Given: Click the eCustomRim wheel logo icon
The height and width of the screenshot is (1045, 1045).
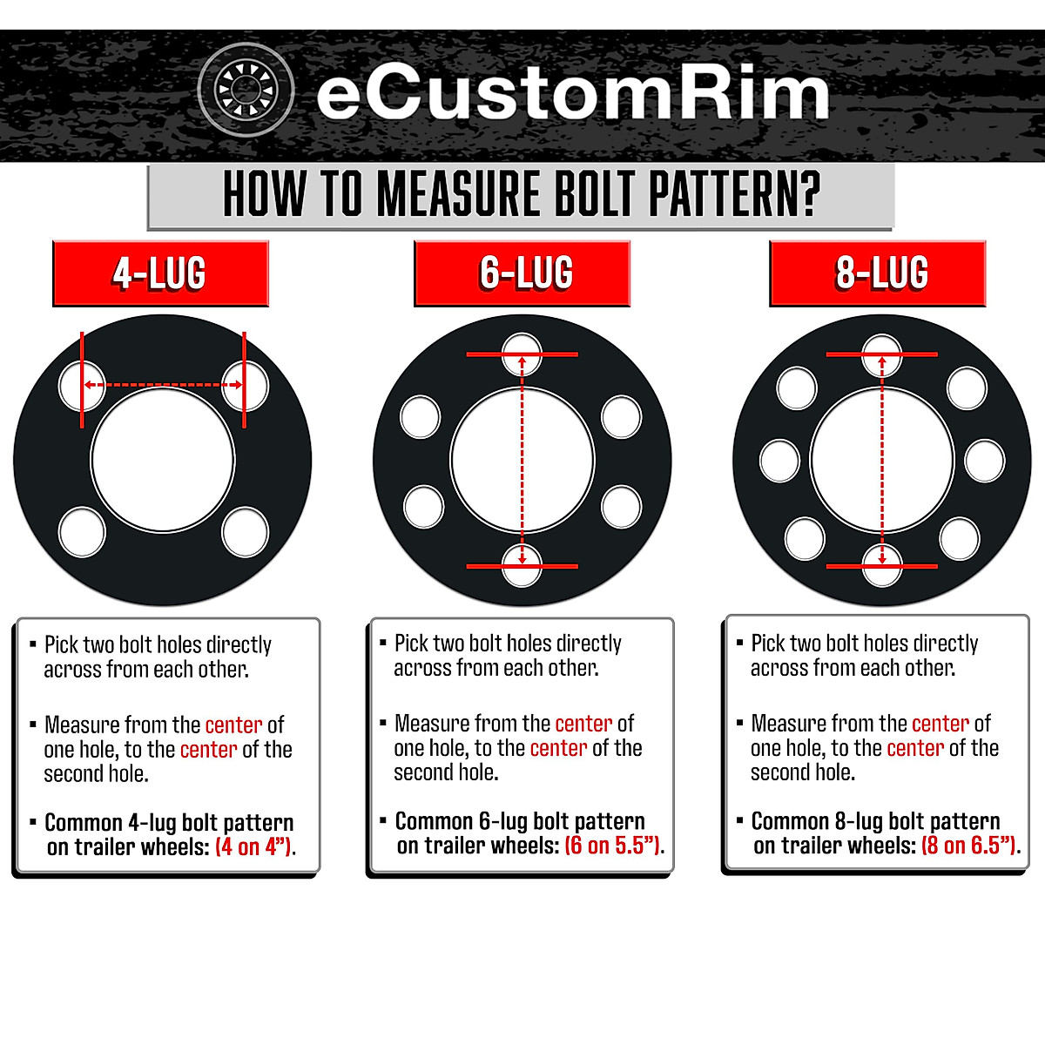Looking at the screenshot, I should [x=246, y=90].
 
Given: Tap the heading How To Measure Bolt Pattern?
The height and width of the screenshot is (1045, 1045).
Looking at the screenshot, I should [x=521, y=194].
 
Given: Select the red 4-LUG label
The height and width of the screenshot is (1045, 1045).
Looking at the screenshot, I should [x=160, y=273].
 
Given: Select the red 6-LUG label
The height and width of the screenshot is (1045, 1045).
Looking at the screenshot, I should [x=522, y=273].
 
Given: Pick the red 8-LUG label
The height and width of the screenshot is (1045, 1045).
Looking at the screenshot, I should [x=878, y=273].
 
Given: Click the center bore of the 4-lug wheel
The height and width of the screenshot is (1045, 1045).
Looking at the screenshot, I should [x=163, y=459].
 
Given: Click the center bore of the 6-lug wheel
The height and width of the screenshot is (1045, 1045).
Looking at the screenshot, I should [x=522, y=459].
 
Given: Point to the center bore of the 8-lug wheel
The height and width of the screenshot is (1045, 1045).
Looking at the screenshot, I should [x=882, y=459].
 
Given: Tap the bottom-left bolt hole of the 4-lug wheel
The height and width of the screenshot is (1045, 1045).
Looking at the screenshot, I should [x=82, y=532].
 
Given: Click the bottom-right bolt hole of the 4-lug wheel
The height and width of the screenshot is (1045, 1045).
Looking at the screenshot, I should [x=245, y=532].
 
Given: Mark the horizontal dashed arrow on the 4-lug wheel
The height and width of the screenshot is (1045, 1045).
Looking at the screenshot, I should [x=163, y=384].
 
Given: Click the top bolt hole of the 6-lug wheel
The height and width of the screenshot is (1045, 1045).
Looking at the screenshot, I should [x=522, y=354].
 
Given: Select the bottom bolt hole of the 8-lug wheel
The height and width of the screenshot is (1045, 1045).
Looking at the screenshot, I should [x=882, y=564].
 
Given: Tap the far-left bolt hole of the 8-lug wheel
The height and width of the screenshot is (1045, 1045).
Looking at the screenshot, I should [x=779, y=460].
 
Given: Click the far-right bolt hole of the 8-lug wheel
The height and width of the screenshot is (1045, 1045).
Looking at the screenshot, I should [x=985, y=460].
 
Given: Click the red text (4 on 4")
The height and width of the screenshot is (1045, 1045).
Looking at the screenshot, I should [x=253, y=847].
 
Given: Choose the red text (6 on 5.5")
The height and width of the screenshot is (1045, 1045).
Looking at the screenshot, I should [x=612, y=846].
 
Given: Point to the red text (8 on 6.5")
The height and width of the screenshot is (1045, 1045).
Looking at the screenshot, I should [x=968, y=846].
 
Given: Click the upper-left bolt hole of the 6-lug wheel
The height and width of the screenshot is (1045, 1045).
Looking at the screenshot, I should [x=421, y=416].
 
